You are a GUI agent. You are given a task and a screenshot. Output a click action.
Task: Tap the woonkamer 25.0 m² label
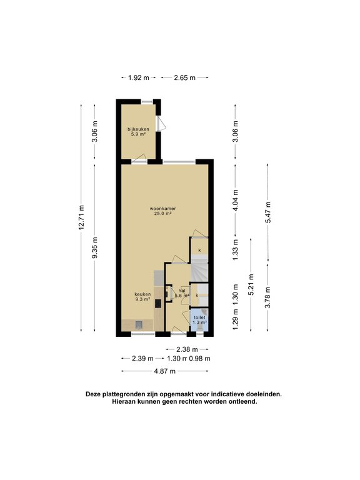point(162,211)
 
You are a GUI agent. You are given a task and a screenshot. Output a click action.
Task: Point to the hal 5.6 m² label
point(182,293)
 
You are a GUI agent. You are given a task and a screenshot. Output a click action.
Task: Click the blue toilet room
point(199,319)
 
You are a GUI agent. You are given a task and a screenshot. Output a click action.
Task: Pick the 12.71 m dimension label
point(82,218)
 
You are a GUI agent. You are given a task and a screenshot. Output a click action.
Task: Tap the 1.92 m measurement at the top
point(138,78)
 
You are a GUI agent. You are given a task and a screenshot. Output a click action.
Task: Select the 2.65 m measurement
point(184,78)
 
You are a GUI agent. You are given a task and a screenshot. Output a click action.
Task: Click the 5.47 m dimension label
point(268,213)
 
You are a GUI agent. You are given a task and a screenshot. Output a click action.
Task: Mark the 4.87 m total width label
point(165,371)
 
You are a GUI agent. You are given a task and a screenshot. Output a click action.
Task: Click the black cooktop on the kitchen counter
point(158,304)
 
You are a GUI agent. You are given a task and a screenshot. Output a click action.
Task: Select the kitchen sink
point(139,324)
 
